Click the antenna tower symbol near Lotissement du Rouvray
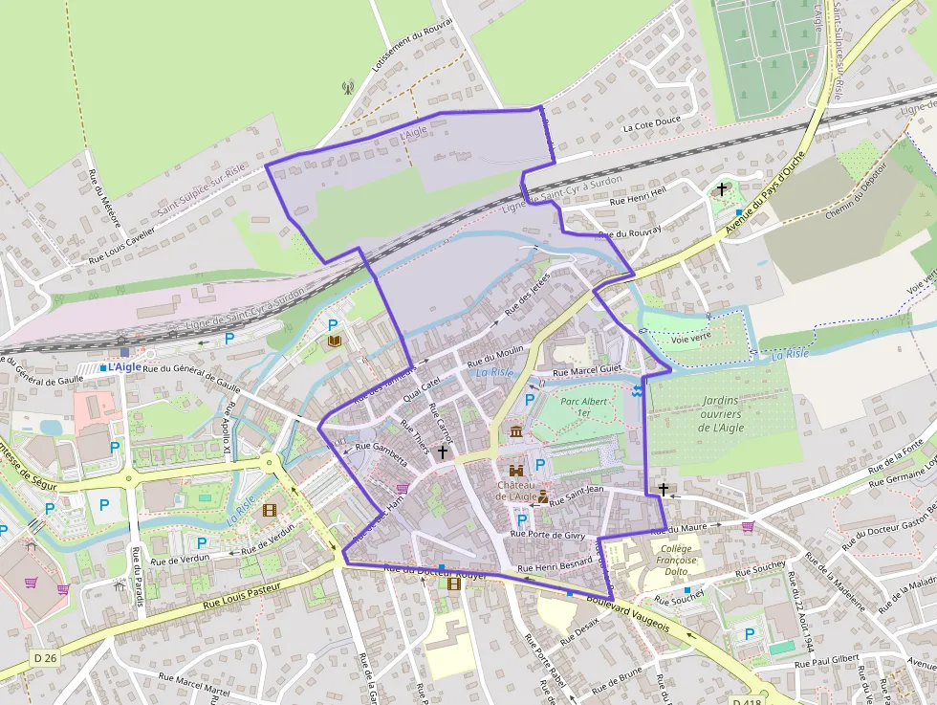pos(348,88)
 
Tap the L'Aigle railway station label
pos(123,366)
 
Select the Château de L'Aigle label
pos(516,489)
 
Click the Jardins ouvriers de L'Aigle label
pos(722,414)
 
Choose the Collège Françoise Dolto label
pos(677,559)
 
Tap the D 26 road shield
pos(44,658)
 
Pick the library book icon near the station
pos(334,341)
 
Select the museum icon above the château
pos(516,432)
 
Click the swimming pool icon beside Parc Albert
pos(638,390)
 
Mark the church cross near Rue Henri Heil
pos(722,189)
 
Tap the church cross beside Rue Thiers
pos(442,451)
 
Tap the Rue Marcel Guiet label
pos(588,370)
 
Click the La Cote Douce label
pos(651,124)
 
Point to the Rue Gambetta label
pos(381,453)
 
